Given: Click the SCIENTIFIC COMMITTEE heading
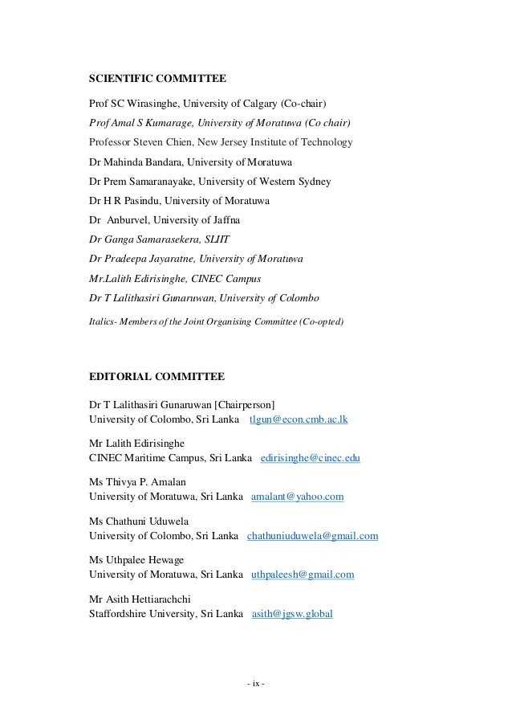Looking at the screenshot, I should tap(156, 79).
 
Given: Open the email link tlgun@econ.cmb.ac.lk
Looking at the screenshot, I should tap(299, 419).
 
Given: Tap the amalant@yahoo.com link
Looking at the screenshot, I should tap(297, 497).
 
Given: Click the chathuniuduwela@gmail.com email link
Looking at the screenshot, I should tap(313, 536).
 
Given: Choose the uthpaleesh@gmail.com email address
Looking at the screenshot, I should tap(303, 575).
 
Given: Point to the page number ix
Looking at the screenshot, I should tap(256, 685).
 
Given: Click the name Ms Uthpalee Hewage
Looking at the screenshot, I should tap(136, 560).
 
